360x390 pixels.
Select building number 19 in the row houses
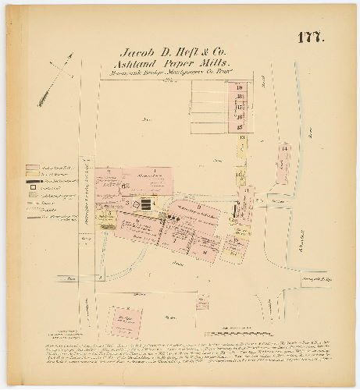(241, 87)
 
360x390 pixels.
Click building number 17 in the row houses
(241, 107)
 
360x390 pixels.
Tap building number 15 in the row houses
(241, 126)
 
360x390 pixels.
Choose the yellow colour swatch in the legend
(32, 175)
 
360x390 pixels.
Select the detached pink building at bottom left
(125, 320)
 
